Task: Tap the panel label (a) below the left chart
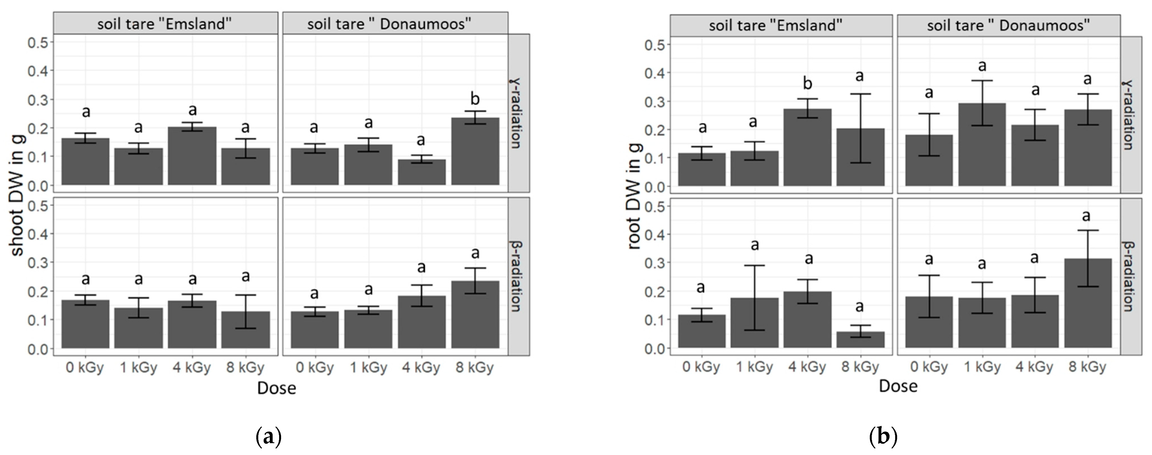(x=268, y=436)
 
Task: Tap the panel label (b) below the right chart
(x=883, y=436)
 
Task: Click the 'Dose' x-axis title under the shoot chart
(x=276, y=388)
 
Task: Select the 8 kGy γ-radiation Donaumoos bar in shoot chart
(x=475, y=152)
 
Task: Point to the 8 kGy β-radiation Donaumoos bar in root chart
(x=1088, y=304)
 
